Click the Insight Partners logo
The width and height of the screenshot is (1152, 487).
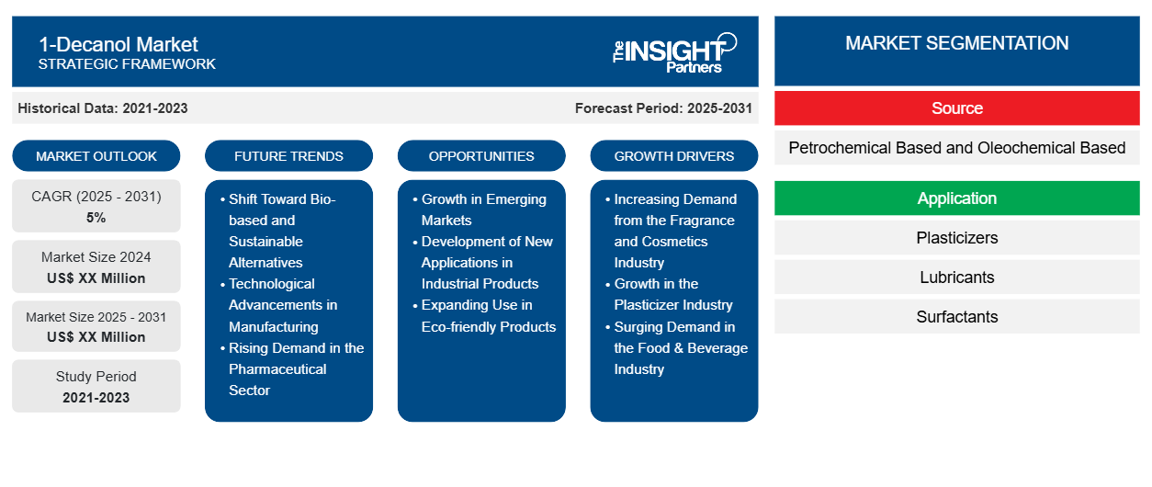coord(674,53)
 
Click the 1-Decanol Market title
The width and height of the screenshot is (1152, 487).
coord(119,44)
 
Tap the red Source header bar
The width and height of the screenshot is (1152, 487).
coord(956,108)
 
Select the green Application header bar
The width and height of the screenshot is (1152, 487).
coord(956,198)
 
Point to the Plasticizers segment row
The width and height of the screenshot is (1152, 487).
coord(956,238)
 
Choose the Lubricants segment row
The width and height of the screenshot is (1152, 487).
coord(956,277)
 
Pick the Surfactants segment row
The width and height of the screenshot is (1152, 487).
coord(956,316)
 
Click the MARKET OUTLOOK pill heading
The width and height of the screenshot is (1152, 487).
coord(96,156)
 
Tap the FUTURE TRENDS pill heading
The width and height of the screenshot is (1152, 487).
coord(288,156)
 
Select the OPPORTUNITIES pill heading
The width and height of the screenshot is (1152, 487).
coord(481,156)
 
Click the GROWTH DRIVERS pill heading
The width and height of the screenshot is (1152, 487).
coord(673,156)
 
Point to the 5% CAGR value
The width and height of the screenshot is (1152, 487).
coord(96,218)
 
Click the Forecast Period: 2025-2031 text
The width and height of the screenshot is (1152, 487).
coord(663,108)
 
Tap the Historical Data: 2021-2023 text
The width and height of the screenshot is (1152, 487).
coord(103,108)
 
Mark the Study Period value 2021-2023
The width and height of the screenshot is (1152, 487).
coord(96,398)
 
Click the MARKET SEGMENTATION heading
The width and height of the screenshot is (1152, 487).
coord(956,43)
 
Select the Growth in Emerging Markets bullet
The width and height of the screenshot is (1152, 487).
coord(480,210)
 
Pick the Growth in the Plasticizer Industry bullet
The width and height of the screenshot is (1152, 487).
coord(669,294)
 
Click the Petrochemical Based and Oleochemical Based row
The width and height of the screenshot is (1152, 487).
coord(956,148)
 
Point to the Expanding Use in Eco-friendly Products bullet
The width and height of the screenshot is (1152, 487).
coord(484,316)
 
